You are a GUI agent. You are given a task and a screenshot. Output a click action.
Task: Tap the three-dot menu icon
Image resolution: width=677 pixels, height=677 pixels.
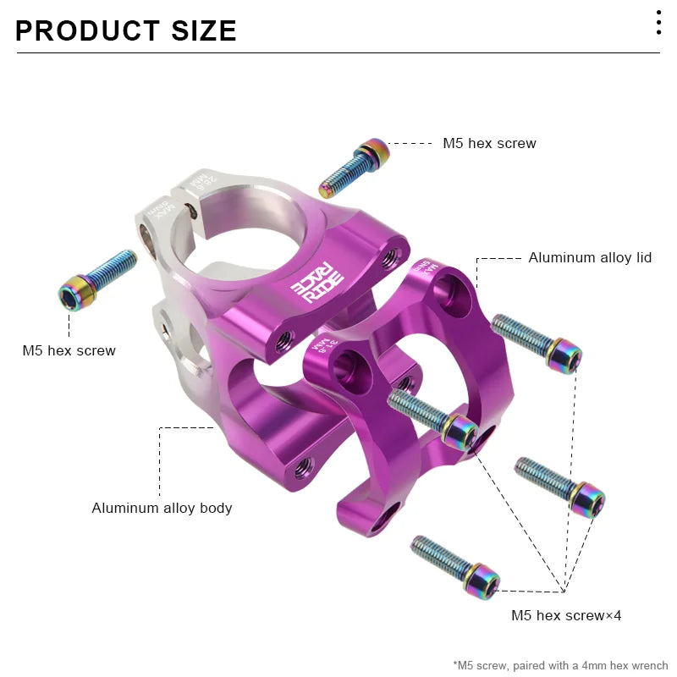[x=658, y=23]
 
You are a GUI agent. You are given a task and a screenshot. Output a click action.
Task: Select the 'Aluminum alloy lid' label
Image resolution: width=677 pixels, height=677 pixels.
[x=590, y=257]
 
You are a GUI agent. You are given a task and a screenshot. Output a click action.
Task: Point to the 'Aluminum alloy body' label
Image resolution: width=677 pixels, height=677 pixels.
[x=162, y=508]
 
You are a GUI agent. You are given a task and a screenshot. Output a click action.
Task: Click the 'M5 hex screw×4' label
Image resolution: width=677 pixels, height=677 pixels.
[x=565, y=615]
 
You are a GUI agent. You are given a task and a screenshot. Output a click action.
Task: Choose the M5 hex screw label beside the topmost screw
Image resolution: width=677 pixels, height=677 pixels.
[x=489, y=143]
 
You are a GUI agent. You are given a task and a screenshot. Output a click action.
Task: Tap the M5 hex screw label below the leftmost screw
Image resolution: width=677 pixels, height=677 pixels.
[x=69, y=350]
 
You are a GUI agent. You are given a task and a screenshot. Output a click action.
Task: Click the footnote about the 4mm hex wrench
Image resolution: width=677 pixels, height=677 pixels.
[x=560, y=665]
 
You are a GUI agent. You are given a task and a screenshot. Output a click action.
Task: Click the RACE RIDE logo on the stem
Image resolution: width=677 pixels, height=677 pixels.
[x=317, y=286]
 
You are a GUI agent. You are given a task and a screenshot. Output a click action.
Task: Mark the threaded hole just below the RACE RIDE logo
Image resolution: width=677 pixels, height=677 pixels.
[x=283, y=338]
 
